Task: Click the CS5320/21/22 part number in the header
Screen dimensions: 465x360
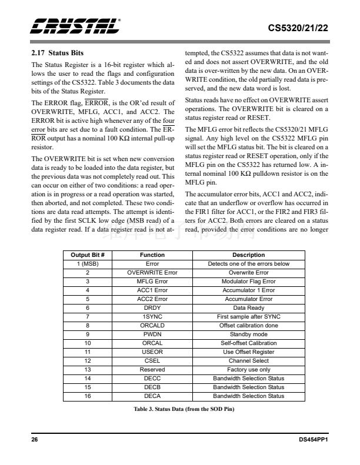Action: coord(298,28)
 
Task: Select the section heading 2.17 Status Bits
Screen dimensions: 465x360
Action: coord(58,53)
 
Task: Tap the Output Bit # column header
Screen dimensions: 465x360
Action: coord(87,255)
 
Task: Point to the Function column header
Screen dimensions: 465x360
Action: coord(152,255)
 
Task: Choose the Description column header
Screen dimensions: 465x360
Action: coord(248,255)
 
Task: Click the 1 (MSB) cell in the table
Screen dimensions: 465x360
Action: coord(87,264)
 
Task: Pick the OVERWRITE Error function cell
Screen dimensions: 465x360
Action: coord(152,273)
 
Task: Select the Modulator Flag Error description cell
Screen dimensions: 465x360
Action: coord(248,282)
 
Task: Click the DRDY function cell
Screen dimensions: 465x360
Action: coord(152,307)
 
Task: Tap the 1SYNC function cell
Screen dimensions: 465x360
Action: coord(152,316)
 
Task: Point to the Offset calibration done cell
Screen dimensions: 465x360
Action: coord(248,325)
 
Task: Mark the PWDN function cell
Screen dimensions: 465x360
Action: coord(152,334)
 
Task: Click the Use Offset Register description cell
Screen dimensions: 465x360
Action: coord(248,352)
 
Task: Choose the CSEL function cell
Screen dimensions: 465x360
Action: coord(152,360)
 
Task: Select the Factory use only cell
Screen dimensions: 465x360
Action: coord(248,369)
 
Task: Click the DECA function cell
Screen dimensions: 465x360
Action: coord(152,396)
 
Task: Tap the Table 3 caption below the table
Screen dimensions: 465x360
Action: coord(179,409)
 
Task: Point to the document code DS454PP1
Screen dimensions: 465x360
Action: coord(312,439)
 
